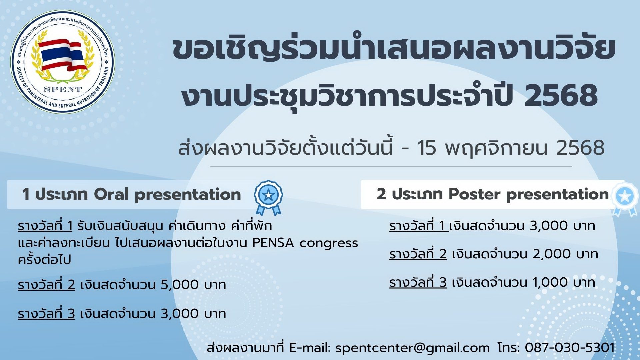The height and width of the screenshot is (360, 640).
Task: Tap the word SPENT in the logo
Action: click(63, 89)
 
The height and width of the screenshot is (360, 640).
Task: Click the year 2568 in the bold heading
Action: click(561, 96)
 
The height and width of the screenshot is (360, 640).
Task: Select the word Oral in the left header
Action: click(111, 194)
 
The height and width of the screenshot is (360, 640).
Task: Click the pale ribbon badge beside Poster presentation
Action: click(626, 199)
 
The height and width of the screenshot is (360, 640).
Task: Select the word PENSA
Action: click(273, 243)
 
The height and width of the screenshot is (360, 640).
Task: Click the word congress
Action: click(329, 244)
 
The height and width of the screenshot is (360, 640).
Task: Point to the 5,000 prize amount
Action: click(180, 285)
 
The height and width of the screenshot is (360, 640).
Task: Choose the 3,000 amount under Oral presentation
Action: click(180, 314)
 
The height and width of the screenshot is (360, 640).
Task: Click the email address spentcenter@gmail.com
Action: click(412, 348)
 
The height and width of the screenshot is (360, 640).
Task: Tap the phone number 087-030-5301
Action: click(570, 347)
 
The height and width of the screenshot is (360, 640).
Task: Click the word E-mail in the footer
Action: click(310, 347)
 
